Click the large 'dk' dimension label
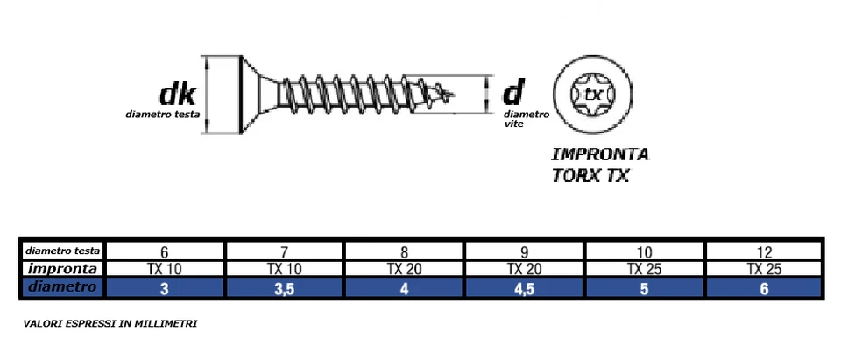click(176, 95)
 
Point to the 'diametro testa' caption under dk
click(162, 115)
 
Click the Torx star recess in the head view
click(594, 94)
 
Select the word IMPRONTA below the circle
click(600, 155)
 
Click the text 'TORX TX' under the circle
click(590, 175)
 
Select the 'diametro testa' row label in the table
click(63, 251)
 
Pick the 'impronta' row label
click(63, 269)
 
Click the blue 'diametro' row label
click(63, 287)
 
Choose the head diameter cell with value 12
click(763, 251)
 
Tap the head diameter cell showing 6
click(165, 251)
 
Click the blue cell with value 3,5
click(284, 288)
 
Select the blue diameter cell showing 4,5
click(524, 288)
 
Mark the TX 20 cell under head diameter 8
click(404, 269)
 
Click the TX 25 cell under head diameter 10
click(644, 269)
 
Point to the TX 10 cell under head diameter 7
click(284, 269)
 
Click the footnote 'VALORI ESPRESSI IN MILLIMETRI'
click(110, 324)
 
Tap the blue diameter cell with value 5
click(644, 288)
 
